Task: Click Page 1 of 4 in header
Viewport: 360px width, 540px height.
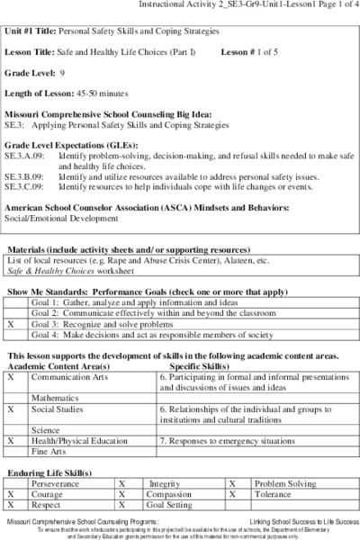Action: pyautogui.click(x=334, y=7)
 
